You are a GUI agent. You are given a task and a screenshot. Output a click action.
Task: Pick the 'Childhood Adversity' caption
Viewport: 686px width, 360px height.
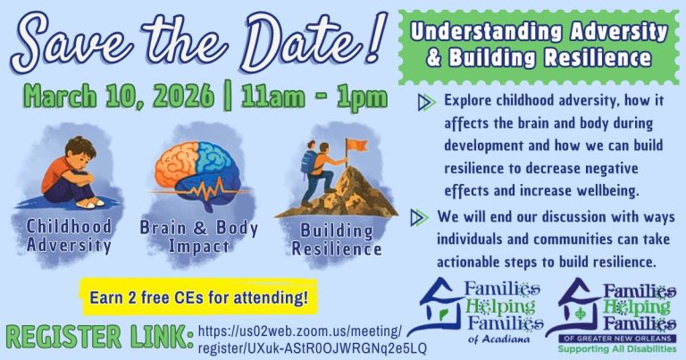coord(69,235)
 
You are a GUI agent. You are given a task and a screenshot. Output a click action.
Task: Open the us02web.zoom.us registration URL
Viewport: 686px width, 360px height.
coord(312,339)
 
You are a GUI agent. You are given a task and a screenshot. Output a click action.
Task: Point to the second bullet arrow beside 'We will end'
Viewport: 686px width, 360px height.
coord(417,217)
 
